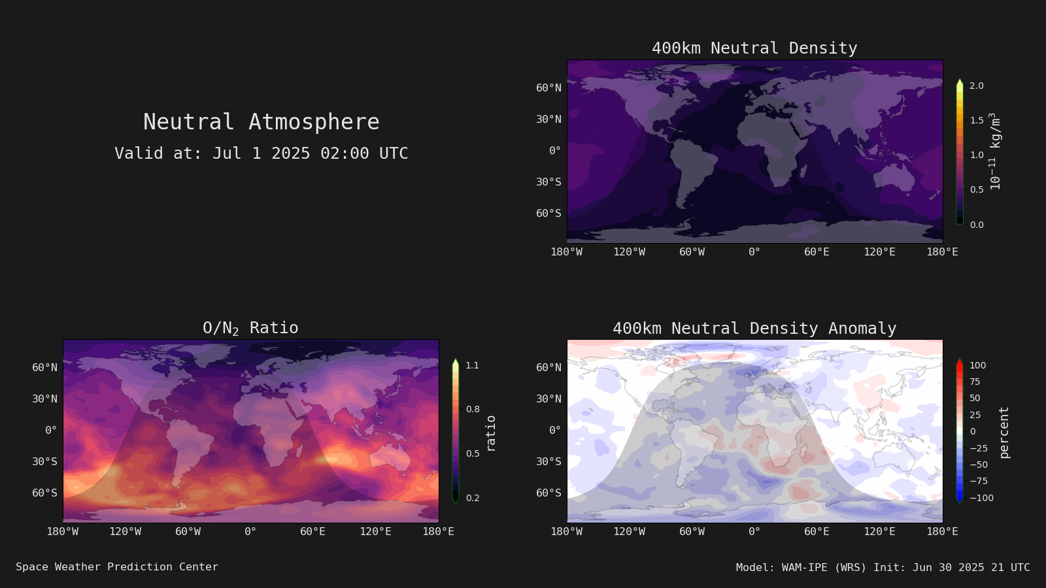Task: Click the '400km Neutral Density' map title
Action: pyautogui.click(x=754, y=48)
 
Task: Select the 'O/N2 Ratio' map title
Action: pyautogui.click(x=250, y=328)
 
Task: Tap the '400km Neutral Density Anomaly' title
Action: pyautogui.click(x=754, y=329)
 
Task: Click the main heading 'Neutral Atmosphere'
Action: pyautogui.click(x=261, y=122)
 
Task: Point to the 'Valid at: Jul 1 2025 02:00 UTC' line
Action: pyautogui.click(x=261, y=153)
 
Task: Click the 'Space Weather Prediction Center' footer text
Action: pyautogui.click(x=117, y=567)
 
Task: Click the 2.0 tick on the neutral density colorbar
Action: pyautogui.click(x=977, y=86)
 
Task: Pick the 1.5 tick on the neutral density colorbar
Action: pyautogui.click(x=977, y=120)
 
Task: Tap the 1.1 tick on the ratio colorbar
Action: pyautogui.click(x=472, y=365)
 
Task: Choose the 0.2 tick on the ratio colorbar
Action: pyautogui.click(x=473, y=498)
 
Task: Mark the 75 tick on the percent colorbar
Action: pyautogui.click(x=975, y=382)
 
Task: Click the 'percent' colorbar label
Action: pyautogui.click(x=1004, y=433)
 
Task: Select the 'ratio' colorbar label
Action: pyautogui.click(x=490, y=434)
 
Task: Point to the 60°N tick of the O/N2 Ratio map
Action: pyautogui.click(x=45, y=368)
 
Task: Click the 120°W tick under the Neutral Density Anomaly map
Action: pyautogui.click(x=629, y=532)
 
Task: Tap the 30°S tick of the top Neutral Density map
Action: pyautogui.click(x=548, y=182)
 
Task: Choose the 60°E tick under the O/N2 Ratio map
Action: pyautogui.click(x=312, y=532)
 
